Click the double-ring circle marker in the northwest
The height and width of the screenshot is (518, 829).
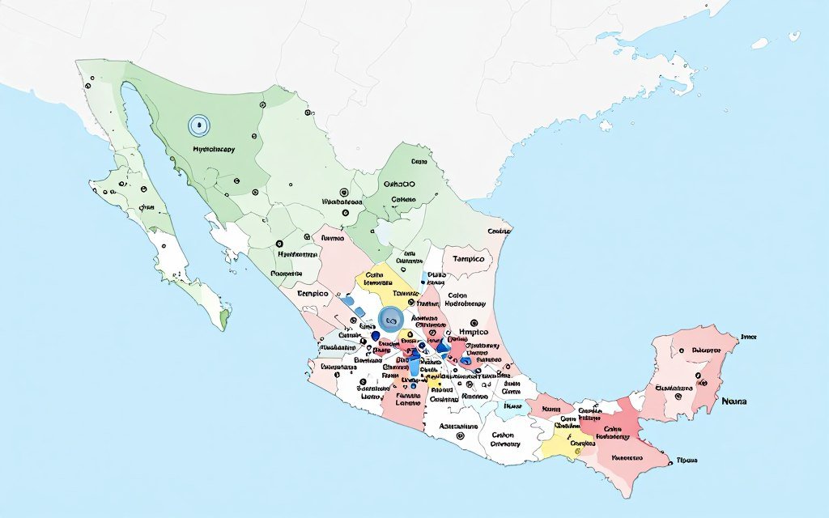point(198,125)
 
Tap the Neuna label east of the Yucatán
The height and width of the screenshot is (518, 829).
point(734,401)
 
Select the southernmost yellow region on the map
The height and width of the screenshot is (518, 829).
point(562,443)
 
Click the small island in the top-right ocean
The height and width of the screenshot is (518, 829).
point(759,42)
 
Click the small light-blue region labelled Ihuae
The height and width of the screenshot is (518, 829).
point(512,406)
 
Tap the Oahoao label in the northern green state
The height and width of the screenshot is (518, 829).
point(399,184)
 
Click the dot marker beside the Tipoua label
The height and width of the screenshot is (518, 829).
point(671,462)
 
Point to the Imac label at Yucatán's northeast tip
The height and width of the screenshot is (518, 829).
point(748,336)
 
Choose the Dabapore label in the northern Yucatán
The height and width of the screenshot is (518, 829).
point(706,351)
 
